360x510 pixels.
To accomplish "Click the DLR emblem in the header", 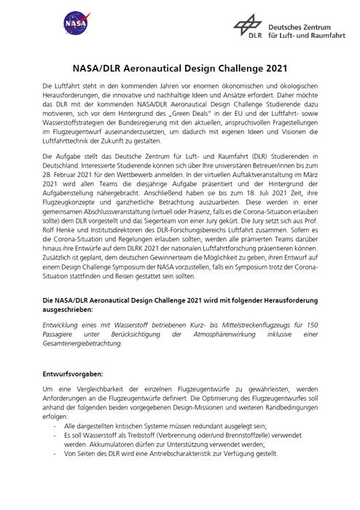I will [247, 27].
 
